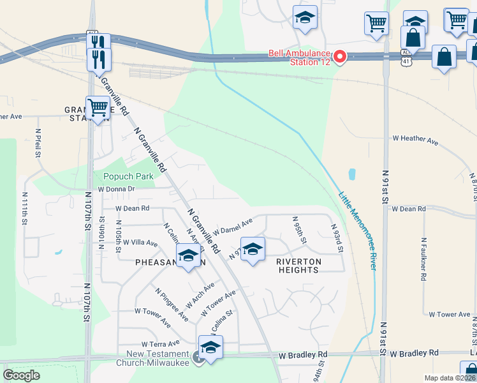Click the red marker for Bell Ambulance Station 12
[339, 57]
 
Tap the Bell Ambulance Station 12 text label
[299, 57]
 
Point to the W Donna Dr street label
[116, 189]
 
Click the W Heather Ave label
[415, 139]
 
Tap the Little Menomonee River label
[358, 230]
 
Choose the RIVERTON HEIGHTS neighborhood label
[298, 266]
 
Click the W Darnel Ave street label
[233, 226]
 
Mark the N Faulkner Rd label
[423, 260]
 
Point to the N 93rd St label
[337, 237]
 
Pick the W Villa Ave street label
[136, 243]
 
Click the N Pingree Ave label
[172, 304]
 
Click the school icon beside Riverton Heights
[253, 249]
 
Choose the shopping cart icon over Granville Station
[98, 109]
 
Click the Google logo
[21, 375]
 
